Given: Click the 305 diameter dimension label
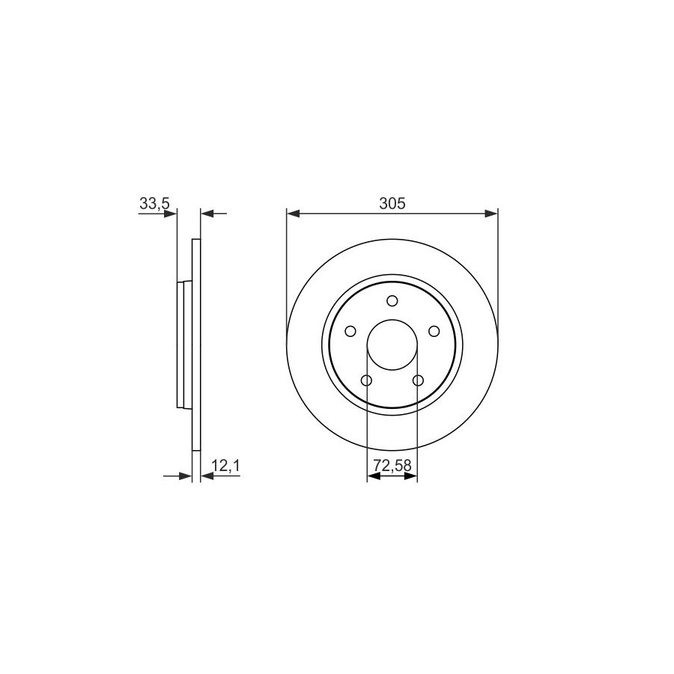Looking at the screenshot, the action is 392,203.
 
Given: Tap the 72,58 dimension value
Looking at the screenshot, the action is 392,465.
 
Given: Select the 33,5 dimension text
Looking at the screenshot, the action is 155,204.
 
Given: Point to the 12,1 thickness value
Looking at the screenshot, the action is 225,465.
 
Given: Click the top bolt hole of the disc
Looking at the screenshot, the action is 392,300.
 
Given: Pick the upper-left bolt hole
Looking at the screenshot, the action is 350,331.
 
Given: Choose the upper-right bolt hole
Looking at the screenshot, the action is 434,331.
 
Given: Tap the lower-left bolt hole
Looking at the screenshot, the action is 366,380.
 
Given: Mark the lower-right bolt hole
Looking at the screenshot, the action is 418,380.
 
